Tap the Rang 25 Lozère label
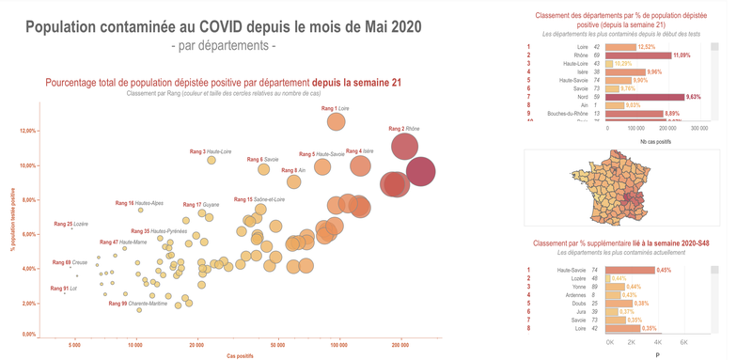coord(70,224)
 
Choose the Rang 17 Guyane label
coord(199,204)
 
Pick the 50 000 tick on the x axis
coord(277,346)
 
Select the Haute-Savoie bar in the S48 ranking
coord(631,270)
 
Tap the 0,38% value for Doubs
coord(617,304)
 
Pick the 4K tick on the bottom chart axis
coord(658,342)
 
